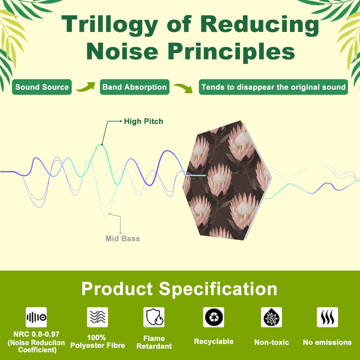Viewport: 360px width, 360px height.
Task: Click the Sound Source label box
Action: click(42, 87)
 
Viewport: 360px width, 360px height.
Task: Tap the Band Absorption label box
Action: click(134, 87)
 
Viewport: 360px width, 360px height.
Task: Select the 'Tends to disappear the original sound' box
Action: click(273, 87)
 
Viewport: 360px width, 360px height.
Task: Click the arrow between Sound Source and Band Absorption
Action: click(86, 87)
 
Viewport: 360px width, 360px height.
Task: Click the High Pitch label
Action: click(143, 121)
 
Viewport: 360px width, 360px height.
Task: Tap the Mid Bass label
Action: click(123, 238)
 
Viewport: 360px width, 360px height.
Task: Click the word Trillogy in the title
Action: click(109, 25)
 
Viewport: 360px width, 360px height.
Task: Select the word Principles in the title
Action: click(232, 52)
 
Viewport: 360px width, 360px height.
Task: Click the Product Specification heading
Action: click(179, 289)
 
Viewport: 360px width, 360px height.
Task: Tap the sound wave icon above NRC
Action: click(36, 317)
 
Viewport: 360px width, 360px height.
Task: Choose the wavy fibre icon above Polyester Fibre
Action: click(97, 317)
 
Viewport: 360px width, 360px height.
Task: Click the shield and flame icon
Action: click(154, 317)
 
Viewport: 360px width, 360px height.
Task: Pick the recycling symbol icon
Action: click(214, 317)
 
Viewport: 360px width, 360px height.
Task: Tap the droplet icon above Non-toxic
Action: click(271, 317)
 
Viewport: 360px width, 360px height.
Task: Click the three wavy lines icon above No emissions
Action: click(327, 317)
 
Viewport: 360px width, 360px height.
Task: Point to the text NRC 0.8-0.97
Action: click(36, 334)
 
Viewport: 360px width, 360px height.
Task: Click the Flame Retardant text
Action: click(154, 342)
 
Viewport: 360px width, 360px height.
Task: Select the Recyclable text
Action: click(214, 341)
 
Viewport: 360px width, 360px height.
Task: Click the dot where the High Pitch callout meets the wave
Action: click(102, 145)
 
